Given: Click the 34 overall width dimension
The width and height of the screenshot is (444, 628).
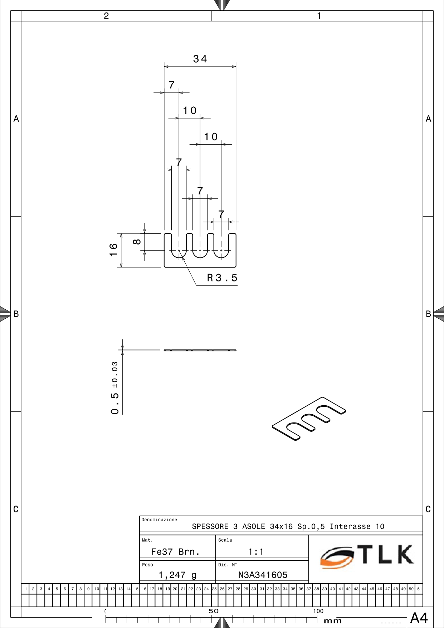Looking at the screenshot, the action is pos(200,59).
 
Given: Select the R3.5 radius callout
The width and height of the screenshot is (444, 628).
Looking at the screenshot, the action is pos(222,278).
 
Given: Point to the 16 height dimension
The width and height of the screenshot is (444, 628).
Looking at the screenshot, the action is pos(113,250).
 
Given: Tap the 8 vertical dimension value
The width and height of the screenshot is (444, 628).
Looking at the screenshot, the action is pos(137,242).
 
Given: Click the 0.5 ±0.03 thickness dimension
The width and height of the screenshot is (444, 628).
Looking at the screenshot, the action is pos(114,388).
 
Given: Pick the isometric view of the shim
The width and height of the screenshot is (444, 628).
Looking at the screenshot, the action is pos(309,419).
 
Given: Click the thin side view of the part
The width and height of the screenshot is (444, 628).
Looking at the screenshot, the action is pos(200,350).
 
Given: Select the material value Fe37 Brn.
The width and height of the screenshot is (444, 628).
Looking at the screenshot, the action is pos(175,552).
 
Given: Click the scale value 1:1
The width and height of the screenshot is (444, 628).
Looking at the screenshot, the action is pos(256,552).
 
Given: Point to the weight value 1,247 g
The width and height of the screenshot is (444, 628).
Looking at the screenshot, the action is pos(177,575).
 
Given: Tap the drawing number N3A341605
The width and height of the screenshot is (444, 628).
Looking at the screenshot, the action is pos(263,575).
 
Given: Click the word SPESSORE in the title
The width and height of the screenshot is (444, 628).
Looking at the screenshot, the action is pos(210,526).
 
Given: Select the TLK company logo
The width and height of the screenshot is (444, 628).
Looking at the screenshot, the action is pos(367,556).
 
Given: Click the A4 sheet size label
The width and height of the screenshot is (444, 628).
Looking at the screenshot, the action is pos(419,618).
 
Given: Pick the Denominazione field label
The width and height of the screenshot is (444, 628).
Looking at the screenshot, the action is pos(159,520).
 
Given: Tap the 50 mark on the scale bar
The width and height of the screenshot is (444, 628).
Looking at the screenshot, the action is pos(213,611).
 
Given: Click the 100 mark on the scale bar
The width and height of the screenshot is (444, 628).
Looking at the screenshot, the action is pos(318,611).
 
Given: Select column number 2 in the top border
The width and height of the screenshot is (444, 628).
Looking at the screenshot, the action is pos(106,16).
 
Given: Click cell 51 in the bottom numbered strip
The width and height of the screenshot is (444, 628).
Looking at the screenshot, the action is pos(419,589).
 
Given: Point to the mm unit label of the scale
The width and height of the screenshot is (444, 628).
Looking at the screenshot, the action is pos(333,621).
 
